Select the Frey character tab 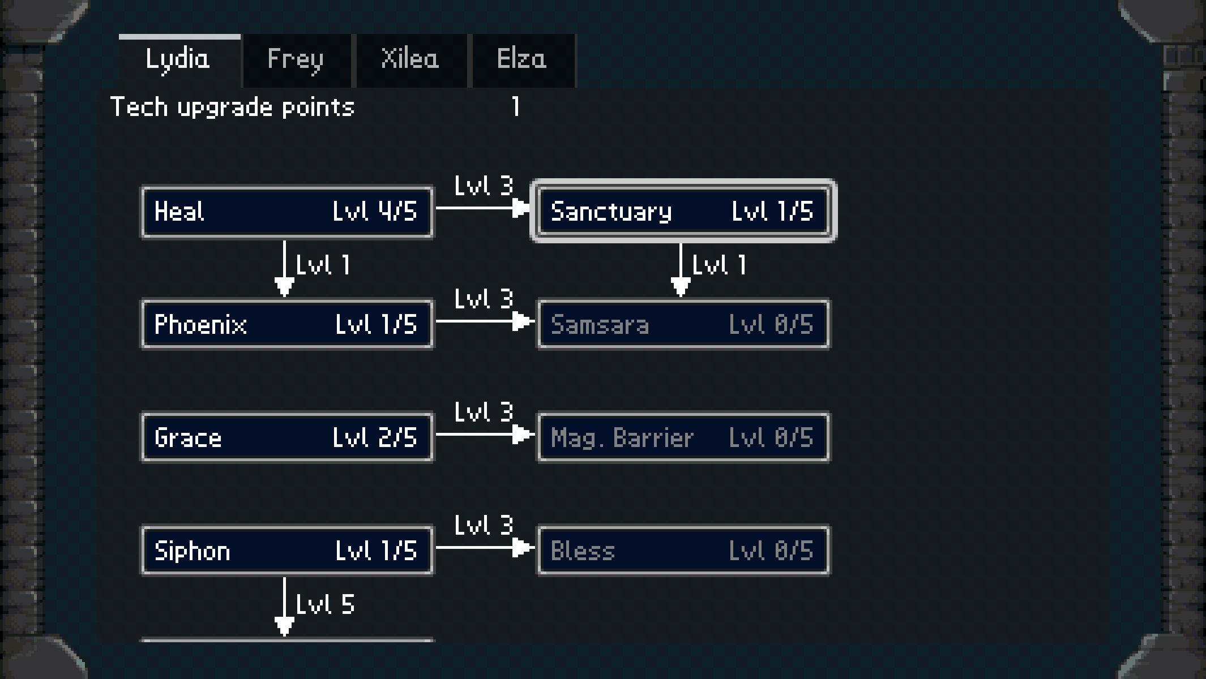click(x=296, y=60)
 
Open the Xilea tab click(x=410, y=60)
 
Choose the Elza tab click(x=522, y=60)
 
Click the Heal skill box click(x=287, y=212)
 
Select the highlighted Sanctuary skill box click(x=683, y=211)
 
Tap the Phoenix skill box click(x=287, y=324)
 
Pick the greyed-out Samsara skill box click(x=683, y=324)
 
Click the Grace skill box click(x=287, y=437)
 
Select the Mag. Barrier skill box click(x=683, y=437)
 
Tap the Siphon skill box click(x=287, y=551)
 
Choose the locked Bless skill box click(x=683, y=551)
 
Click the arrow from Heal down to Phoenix click(x=284, y=269)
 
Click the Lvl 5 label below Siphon click(x=325, y=604)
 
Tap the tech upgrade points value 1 click(x=515, y=106)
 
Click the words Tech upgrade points click(x=232, y=107)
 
